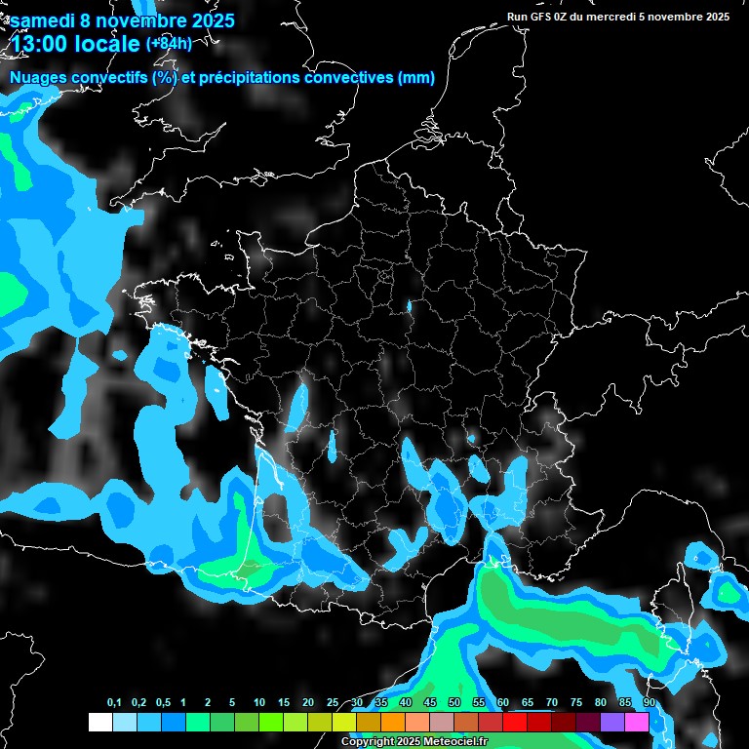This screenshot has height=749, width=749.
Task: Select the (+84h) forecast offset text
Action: click(170, 43)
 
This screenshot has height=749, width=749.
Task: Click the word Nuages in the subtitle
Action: click(37, 78)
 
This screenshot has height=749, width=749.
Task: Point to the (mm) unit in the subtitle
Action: click(415, 78)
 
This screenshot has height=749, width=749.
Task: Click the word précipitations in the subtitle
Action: click(248, 78)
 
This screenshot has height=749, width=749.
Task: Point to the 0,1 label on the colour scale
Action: click(114, 703)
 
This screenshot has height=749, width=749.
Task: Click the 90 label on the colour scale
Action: click(649, 703)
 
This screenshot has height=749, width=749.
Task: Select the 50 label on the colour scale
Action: click(454, 703)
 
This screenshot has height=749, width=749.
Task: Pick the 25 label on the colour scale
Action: click(333, 703)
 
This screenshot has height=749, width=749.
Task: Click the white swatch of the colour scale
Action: click(99, 723)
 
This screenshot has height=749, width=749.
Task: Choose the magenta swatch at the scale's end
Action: click(637, 723)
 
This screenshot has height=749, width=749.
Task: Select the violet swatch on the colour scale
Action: click(612, 723)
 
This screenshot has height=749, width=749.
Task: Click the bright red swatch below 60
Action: click(515, 723)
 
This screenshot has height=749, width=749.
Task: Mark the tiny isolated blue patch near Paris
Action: click(410, 308)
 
